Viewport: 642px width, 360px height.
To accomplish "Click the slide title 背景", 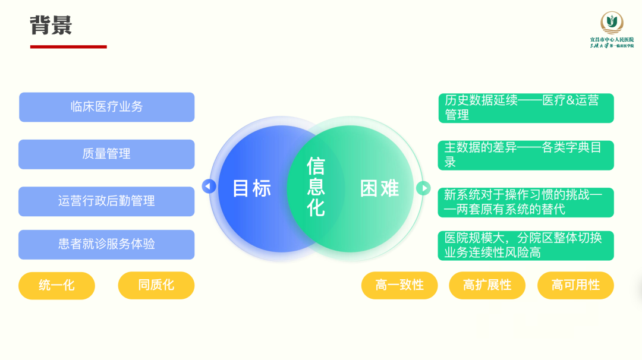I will (x=51, y=25).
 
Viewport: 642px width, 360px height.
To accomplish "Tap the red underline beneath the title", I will (x=68, y=46).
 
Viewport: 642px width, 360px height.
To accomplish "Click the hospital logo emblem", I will (x=611, y=23).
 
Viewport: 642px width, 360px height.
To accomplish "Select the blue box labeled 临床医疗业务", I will (x=107, y=107).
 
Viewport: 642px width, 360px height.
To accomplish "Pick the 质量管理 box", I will (x=107, y=154).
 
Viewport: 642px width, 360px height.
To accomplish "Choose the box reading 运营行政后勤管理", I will (x=107, y=201).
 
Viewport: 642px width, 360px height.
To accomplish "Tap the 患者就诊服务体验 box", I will (x=107, y=244).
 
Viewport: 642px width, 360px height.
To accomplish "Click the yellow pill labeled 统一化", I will (x=56, y=285).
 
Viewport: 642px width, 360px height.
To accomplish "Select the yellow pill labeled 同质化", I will (x=156, y=285).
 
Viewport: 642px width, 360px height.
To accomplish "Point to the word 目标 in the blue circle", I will (x=251, y=188).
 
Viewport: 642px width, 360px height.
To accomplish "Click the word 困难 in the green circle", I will (x=379, y=188).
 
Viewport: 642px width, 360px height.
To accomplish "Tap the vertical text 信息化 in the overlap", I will (x=316, y=187).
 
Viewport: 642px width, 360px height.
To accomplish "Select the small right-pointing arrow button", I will (x=423, y=188).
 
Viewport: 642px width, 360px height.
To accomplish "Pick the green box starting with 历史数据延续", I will (x=526, y=108).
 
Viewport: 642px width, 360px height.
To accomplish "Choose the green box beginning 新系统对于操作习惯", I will (x=526, y=202).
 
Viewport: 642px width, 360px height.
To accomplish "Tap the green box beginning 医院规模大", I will (x=526, y=245).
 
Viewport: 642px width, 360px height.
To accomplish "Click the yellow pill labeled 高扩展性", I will (x=487, y=285).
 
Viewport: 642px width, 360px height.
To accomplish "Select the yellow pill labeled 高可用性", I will (x=575, y=285).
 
